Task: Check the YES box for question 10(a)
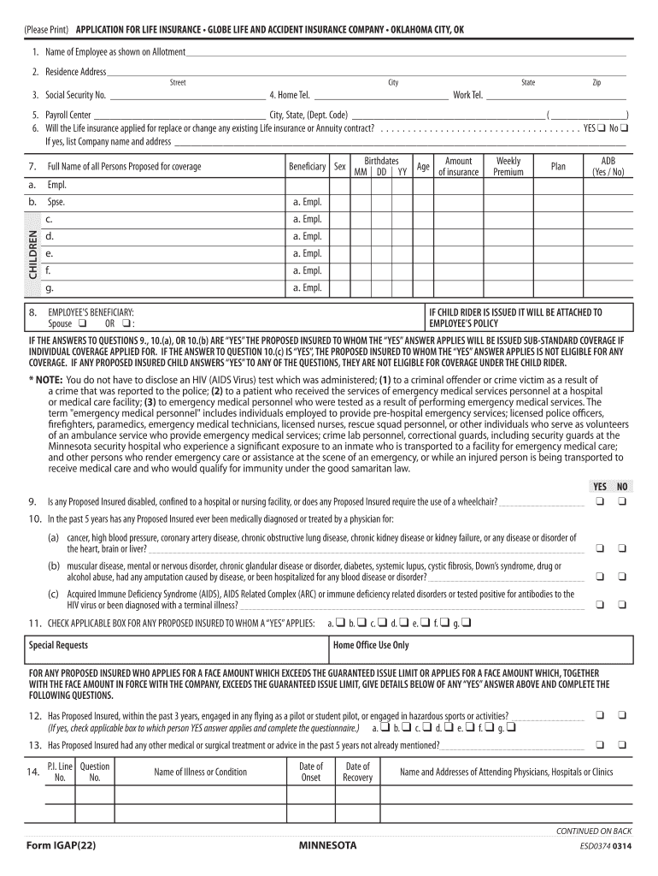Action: (600, 547)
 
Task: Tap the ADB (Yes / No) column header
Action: (608, 166)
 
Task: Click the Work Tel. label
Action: (467, 96)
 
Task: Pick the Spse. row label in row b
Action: (56, 203)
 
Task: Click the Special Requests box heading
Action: (58, 645)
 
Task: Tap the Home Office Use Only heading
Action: (371, 645)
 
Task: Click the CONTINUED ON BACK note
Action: (593, 831)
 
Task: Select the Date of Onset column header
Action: (310, 772)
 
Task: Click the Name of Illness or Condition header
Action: (200, 772)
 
